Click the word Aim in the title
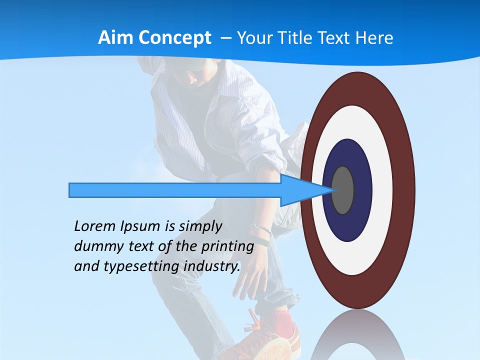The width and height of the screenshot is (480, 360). pyautogui.click(x=114, y=38)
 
